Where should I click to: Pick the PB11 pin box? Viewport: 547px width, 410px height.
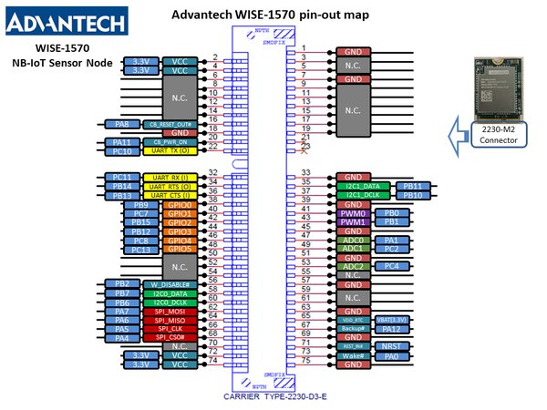point(410,187)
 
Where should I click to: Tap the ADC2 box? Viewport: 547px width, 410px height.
point(352,266)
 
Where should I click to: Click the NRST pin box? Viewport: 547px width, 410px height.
point(391,347)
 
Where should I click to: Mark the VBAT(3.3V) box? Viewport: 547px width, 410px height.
point(391,321)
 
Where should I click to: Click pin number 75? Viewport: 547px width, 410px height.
point(305,361)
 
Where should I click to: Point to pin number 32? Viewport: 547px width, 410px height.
point(213,173)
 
